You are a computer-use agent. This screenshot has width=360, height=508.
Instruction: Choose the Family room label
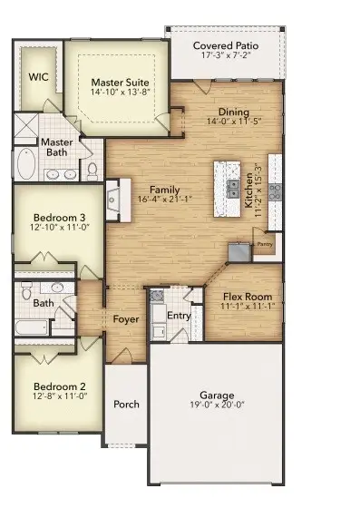[157, 189]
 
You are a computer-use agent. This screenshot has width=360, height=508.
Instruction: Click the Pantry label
[264, 243]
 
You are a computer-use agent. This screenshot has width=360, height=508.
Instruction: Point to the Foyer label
[126, 319]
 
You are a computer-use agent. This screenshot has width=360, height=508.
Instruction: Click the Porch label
[126, 404]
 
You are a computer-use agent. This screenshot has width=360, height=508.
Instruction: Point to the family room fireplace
[113, 200]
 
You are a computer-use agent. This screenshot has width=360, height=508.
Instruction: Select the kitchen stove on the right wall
[275, 191]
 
